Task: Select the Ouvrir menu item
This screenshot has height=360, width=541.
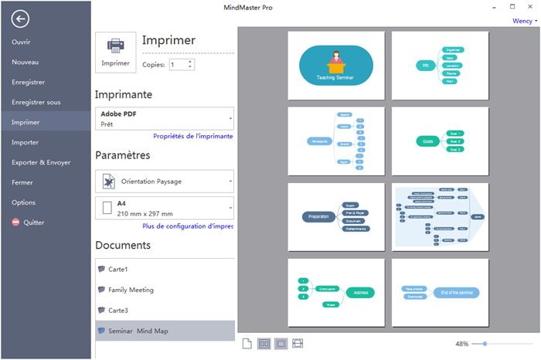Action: click(21, 42)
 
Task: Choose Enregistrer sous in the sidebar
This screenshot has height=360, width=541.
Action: click(36, 102)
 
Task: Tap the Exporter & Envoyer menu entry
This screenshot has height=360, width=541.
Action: click(41, 162)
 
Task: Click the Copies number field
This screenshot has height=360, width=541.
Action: click(177, 65)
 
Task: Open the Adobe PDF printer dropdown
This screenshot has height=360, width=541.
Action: click(164, 118)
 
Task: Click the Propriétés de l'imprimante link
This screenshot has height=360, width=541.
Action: click(192, 136)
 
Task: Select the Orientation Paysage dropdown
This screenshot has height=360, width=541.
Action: click(164, 182)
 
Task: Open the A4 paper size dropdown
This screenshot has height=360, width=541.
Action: click(164, 208)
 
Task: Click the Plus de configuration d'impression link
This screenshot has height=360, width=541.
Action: click(188, 226)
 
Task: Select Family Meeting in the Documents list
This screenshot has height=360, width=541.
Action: click(131, 290)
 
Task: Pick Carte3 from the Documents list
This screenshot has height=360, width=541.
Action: click(118, 310)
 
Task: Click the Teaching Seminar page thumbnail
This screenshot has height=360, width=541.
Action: click(336, 66)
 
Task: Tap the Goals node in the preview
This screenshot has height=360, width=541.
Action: click(427, 141)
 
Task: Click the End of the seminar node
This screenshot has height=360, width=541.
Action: click(456, 292)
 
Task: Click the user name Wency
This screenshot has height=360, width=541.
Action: click(522, 21)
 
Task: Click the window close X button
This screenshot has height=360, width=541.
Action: click(530, 6)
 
